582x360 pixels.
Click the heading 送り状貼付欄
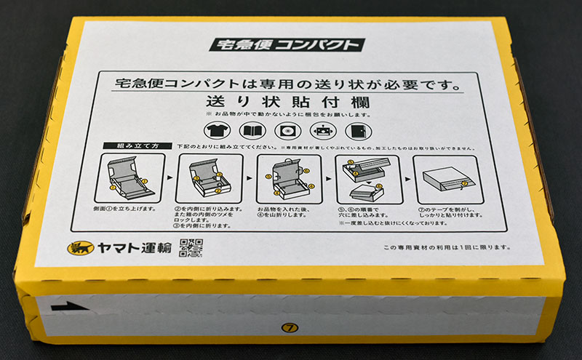[x=288, y=101]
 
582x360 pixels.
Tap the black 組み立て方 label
[x=137, y=146]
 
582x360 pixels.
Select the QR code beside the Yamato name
[x=190, y=248]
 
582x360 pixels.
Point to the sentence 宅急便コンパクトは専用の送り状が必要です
[x=288, y=84]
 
